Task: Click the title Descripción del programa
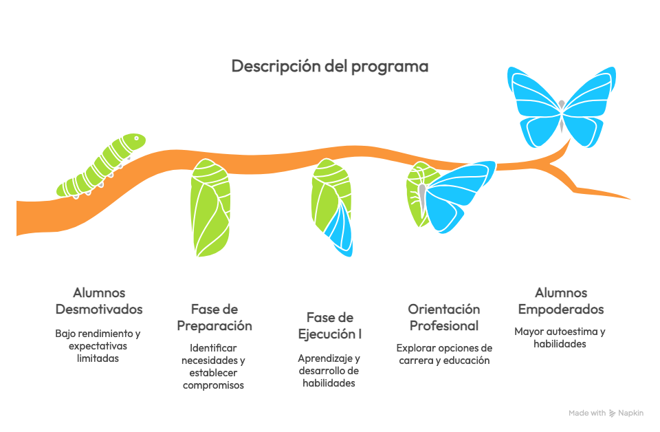point(329,67)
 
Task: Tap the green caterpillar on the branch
point(103,166)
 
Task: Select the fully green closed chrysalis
point(210,208)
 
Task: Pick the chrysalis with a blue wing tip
point(333,206)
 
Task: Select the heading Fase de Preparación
point(214,317)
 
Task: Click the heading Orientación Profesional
point(443,317)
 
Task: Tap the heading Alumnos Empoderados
point(561,301)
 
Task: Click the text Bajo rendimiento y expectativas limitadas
point(98,346)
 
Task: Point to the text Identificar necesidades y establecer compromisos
point(214,367)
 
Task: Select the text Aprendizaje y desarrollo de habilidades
point(329,371)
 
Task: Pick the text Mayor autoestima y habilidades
point(560,338)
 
